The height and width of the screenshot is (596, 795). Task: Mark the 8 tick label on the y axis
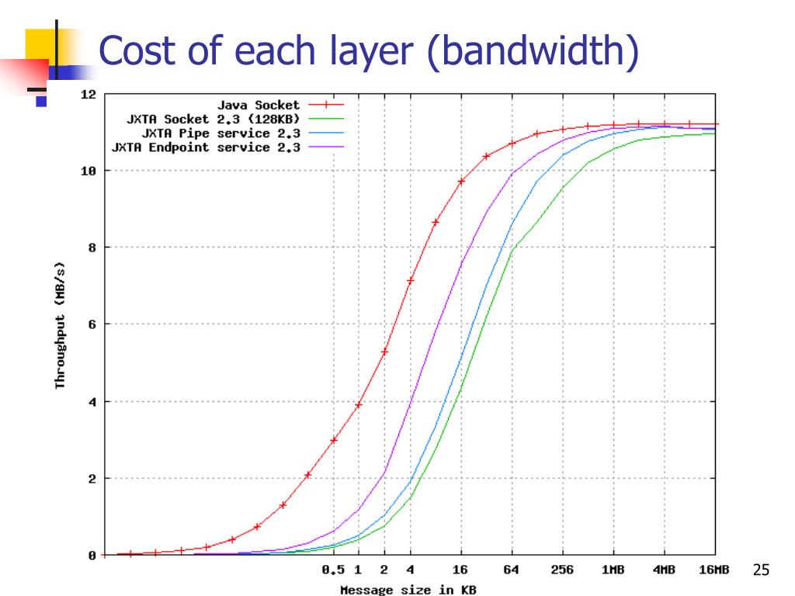(91, 248)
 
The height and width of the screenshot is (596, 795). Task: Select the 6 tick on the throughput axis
(91, 324)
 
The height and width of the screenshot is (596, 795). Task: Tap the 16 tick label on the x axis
(460, 570)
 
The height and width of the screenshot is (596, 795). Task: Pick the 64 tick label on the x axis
(511, 570)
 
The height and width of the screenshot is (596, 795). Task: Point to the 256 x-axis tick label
(562, 570)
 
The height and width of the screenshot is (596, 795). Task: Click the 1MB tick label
(613, 570)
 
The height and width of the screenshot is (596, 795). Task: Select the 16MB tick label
(713, 570)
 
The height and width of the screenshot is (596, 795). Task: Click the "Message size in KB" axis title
(408, 589)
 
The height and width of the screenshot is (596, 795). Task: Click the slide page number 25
(761, 571)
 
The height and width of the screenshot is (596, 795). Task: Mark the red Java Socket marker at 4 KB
(410, 280)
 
